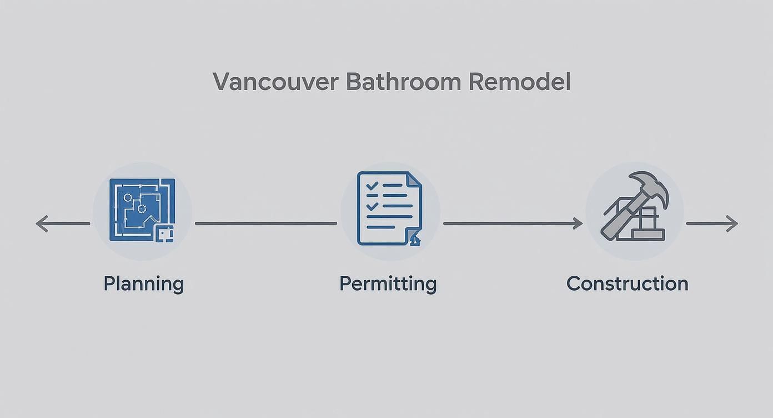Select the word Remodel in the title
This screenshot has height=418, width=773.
[x=519, y=82]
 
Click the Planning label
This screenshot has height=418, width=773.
[x=143, y=283]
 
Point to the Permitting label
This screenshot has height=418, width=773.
[x=388, y=283]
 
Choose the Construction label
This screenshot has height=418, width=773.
[x=627, y=283]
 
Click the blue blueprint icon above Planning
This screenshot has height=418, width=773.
[x=142, y=209]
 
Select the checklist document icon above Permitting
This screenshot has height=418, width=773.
[x=389, y=208]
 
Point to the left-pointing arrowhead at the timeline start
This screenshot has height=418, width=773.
[x=40, y=223]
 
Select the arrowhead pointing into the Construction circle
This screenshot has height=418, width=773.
[x=578, y=223]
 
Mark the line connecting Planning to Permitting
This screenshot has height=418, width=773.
[x=265, y=223]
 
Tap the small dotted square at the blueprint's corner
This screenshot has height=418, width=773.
[x=164, y=234]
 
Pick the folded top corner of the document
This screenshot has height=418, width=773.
[x=414, y=180]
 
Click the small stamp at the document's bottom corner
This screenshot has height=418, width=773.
[x=415, y=240]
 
